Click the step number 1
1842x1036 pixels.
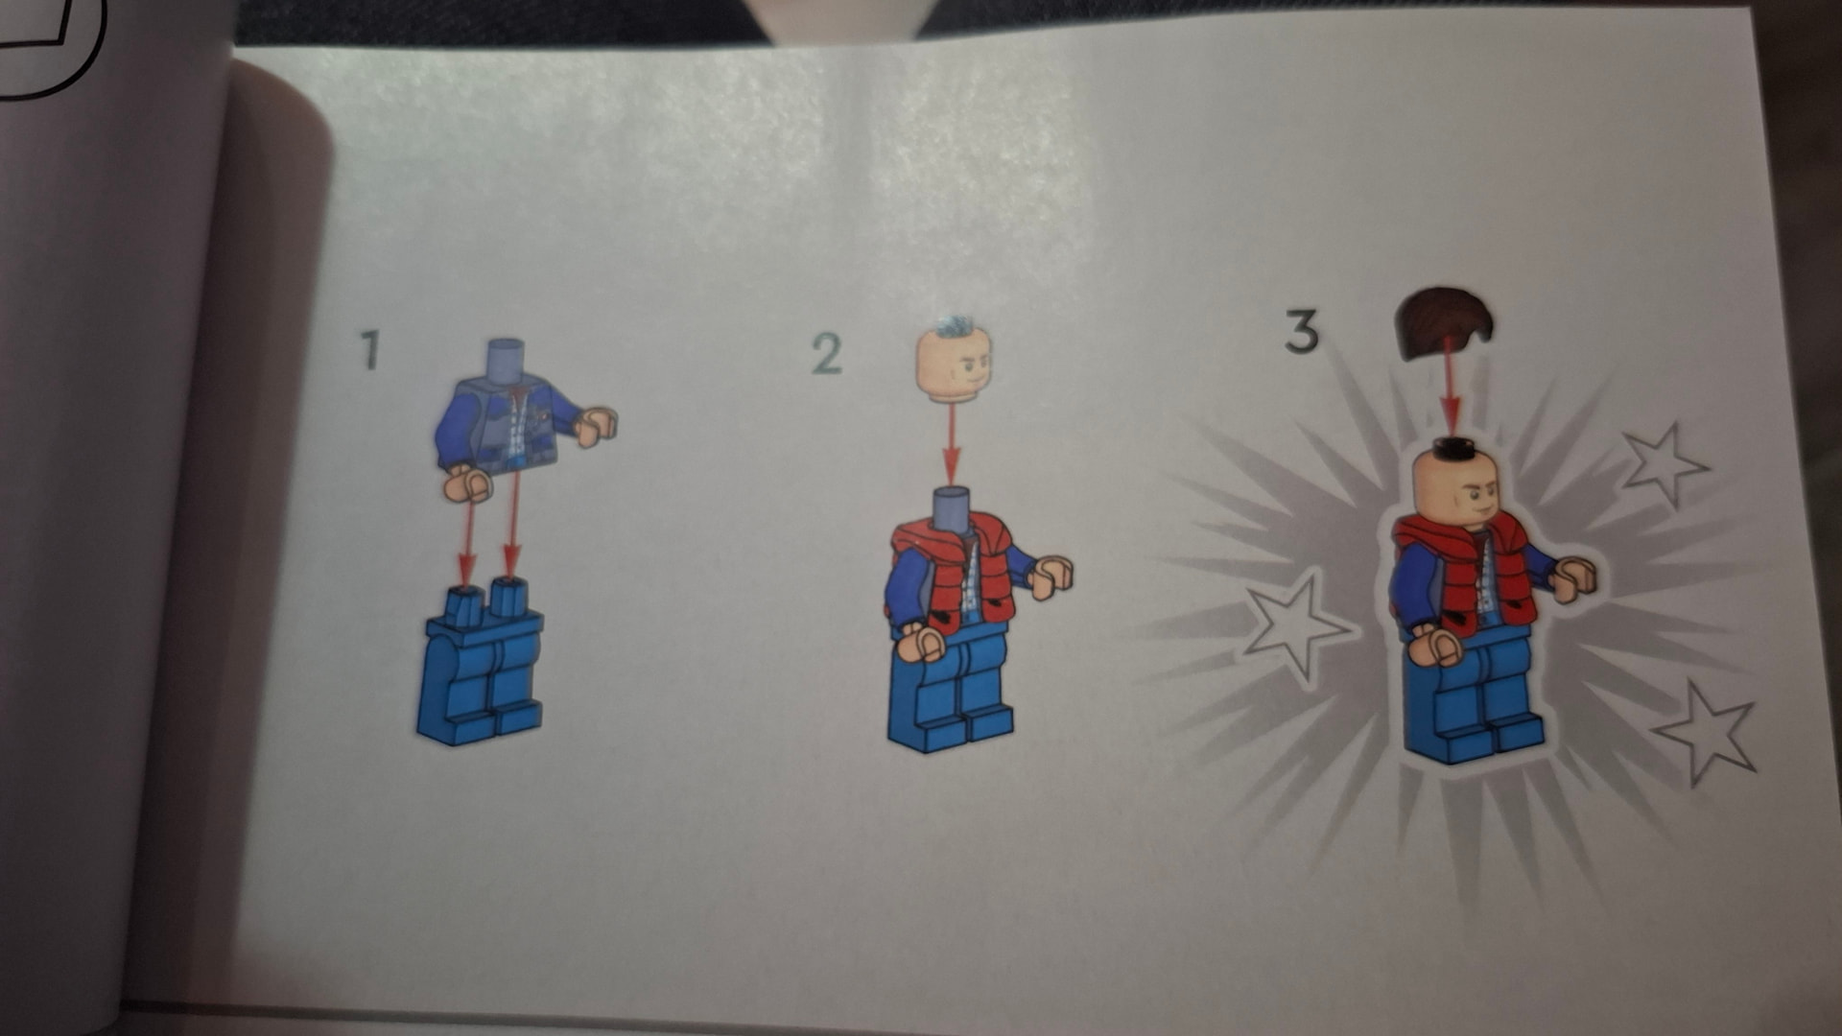(x=370, y=350)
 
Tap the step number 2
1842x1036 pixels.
(x=826, y=354)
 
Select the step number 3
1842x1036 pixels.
(x=1302, y=331)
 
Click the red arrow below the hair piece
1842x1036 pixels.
(x=1450, y=396)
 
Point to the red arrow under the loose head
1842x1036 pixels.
(x=951, y=445)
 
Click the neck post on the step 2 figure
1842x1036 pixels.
(x=951, y=506)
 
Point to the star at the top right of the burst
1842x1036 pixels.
(x=1664, y=463)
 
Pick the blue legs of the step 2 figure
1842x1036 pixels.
(x=949, y=685)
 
